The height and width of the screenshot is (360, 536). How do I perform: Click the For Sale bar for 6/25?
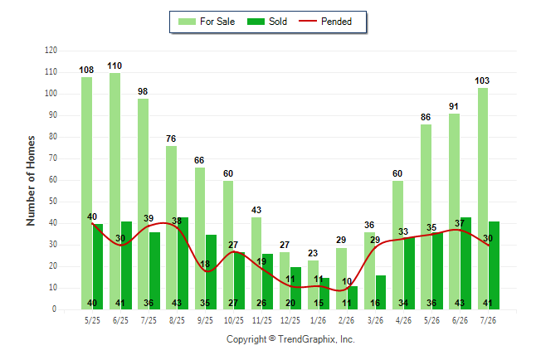click(x=115, y=191)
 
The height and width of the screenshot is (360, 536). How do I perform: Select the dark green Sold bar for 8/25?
click(x=183, y=263)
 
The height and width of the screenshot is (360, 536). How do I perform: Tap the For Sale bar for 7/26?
click(x=483, y=198)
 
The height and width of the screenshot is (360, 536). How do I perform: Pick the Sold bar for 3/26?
click(x=381, y=292)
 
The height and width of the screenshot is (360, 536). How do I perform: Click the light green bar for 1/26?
click(x=313, y=285)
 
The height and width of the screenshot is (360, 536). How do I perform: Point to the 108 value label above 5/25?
click(x=86, y=70)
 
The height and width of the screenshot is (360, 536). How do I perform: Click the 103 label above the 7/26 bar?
click(x=482, y=80)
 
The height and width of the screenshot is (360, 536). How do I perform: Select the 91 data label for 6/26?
click(x=454, y=106)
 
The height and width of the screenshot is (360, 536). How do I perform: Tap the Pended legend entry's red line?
click(x=308, y=22)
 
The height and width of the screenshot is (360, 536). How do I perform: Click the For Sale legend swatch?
click(x=187, y=22)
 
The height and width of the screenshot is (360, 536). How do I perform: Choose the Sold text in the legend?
click(x=278, y=22)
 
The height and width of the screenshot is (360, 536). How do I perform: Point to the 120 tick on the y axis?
click(x=51, y=51)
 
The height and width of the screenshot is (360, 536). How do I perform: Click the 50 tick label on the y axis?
click(x=52, y=202)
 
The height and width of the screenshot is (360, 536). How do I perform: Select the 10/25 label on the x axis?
click(x=234, y=320)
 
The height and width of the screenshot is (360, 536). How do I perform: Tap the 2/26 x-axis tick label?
click(x=346, y=320)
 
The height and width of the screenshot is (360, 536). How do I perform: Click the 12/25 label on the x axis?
click(x=290, y=320)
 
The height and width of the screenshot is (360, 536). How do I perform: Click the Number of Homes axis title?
click(x=31, y=181)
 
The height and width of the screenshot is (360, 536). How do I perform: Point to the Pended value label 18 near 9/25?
click(x=205, y=264)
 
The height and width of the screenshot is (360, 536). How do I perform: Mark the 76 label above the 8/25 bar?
click(x=171, y=139)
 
